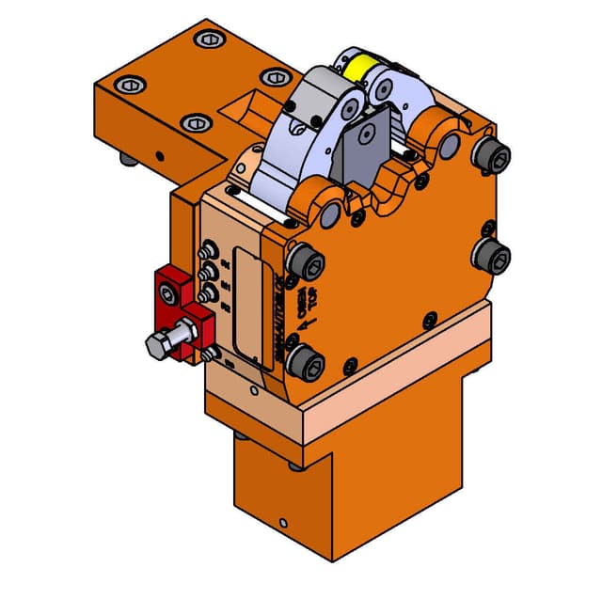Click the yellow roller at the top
point(361,69)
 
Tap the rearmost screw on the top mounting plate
point(207,39)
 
